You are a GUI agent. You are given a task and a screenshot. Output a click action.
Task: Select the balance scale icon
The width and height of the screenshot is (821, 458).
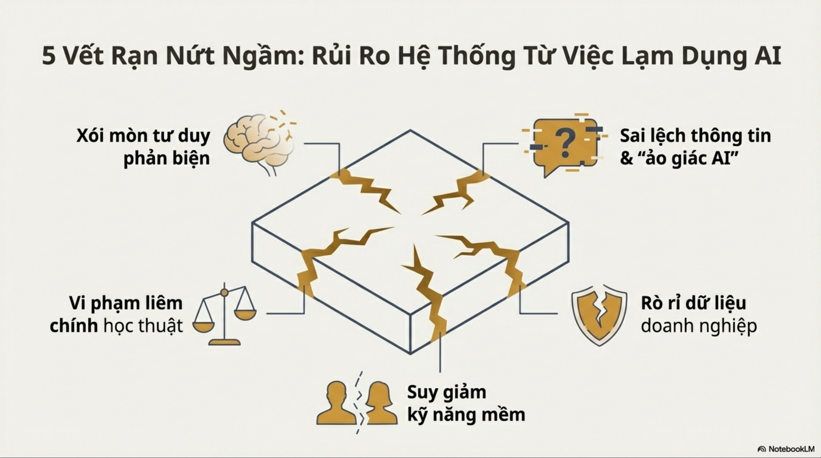224,314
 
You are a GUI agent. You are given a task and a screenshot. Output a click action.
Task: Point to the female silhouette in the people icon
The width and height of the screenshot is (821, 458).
381,403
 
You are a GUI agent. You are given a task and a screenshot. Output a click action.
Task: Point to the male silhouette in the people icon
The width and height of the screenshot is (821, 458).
337,403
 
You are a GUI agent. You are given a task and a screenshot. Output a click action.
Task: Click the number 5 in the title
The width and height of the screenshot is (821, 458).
48,56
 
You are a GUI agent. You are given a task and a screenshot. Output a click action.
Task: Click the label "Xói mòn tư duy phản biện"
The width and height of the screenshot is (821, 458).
143,147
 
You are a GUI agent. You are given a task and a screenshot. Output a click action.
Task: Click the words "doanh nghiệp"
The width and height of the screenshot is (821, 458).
699,326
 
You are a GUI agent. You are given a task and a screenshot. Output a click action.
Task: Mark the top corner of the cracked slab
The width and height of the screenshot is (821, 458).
410,130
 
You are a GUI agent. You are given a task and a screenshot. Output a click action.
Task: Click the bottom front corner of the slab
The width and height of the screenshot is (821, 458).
410,353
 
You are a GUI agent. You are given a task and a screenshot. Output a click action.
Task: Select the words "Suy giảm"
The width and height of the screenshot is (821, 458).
446,393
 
